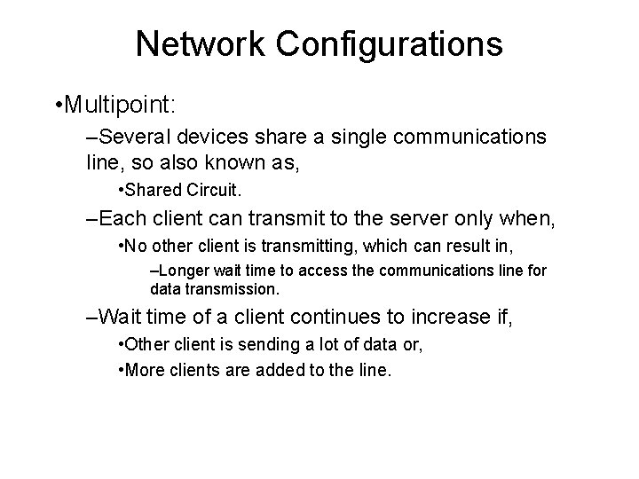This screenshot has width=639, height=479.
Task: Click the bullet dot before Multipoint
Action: click(58, 106)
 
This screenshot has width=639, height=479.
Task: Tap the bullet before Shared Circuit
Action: click(121, 189)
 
